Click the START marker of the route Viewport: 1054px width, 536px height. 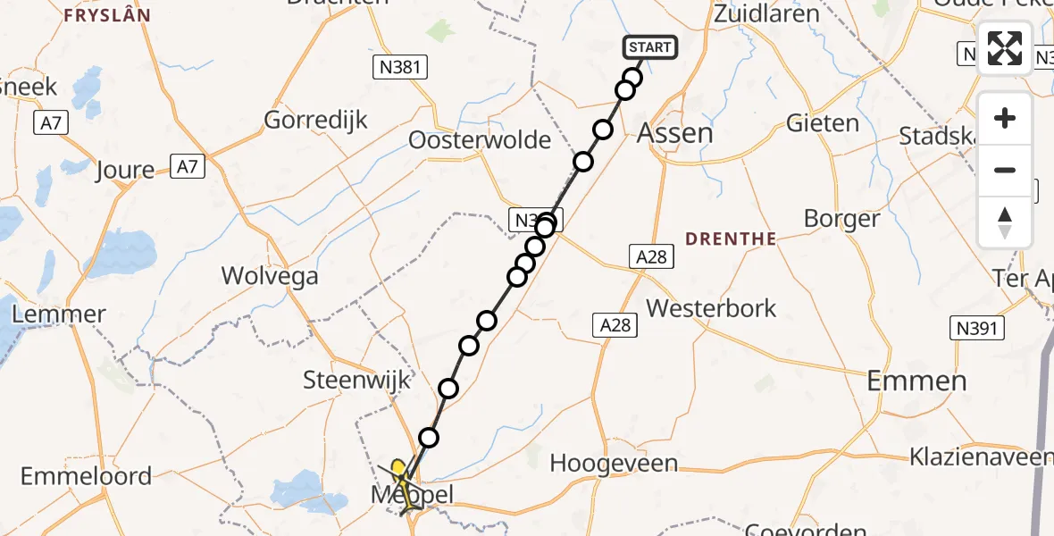[649, 47]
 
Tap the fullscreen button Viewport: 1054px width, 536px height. [1005, 48]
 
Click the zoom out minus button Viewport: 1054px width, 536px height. [1005, 171]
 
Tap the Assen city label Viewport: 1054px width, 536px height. [674, 134]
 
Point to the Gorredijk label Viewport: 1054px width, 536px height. [316, 121]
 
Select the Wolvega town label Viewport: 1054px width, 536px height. [270, 276]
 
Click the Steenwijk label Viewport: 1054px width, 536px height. [357, 380]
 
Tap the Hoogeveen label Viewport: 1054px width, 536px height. [614, 464]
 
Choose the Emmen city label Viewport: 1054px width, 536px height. [917, 381]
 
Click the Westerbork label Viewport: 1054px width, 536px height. [711, 308]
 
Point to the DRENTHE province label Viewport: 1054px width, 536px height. [730, 239]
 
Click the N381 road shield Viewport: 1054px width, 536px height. [399, 67]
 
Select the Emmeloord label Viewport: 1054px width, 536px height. [87, 476]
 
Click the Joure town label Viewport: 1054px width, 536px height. [126, 170]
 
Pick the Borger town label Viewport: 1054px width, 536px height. [841, 219]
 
